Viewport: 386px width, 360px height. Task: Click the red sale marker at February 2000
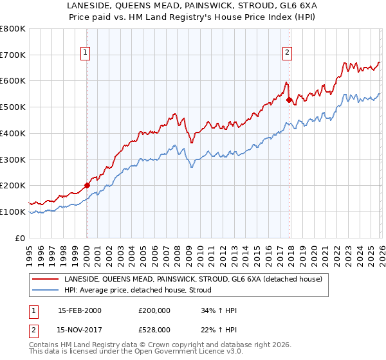(87, 185)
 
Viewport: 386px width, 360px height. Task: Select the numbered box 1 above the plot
(86, 53)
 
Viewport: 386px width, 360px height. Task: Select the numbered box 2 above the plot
(287, 53)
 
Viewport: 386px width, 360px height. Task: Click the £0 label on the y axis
(21, 238)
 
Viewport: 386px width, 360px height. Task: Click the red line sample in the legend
(46, 279)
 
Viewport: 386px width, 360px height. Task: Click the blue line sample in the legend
(46, 290)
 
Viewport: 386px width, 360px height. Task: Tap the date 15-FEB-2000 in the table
(79, 310)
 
